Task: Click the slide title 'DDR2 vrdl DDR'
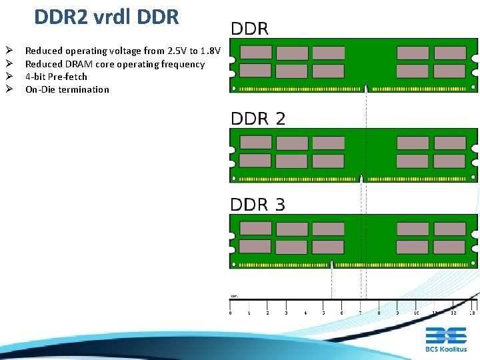click(107, 17)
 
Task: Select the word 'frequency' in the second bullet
click(183, 64)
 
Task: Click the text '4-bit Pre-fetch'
click(56, 77)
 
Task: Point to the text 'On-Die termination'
click(67, 89)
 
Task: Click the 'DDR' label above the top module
click(249, 29)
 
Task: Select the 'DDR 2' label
click(258, 119)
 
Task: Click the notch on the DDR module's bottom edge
click(366, 88)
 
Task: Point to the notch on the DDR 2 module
click(361, 178)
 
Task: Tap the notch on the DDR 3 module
click(331, 265)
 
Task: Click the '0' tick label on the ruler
click(231, 313)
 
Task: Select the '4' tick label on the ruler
click(305, 313)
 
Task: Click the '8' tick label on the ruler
click(379, 313)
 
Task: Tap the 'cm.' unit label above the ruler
click(235, 296)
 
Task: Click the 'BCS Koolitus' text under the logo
click(446, 349)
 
